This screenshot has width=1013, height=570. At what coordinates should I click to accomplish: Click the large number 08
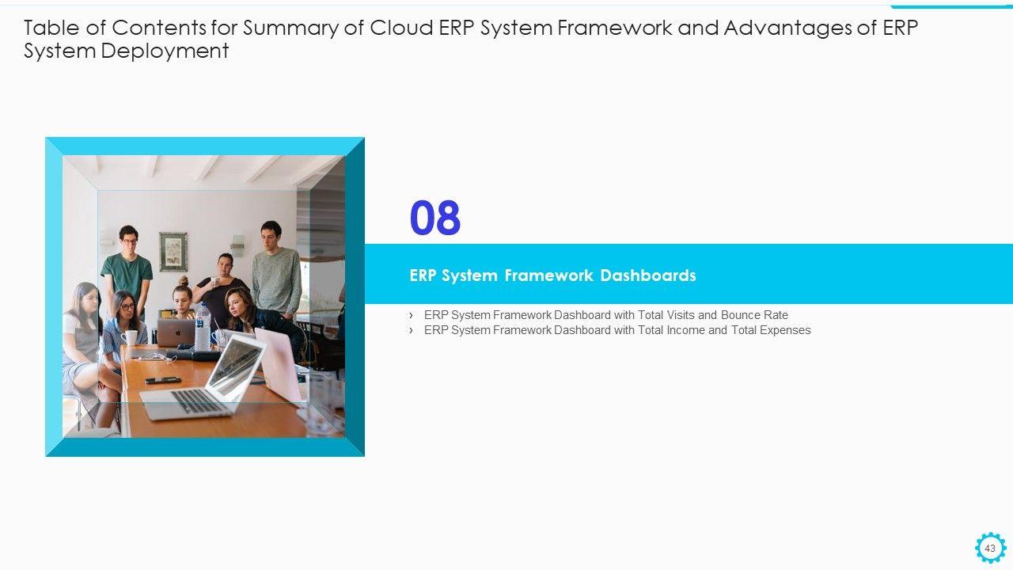pyautogui.click(x=435, y=218)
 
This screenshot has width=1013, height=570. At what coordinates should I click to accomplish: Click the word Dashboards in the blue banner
pyautogui.click(x=648, y=275)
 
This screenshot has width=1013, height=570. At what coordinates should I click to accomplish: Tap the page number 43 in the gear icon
pyautogui.click(x=990, y=549)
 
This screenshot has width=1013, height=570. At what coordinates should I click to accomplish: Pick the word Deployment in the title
pyautogui.click(x=165, y=51)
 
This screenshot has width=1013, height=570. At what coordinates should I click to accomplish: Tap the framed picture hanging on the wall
pyautogui.click(x=173, y=252)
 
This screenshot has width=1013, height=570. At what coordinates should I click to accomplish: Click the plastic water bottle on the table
pyautogui.click(x=203, y=327)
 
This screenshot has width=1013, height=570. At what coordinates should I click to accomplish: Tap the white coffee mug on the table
pyautogui.click(x=130, y=337)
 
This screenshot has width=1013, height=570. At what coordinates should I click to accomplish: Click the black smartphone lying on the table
pyautogui.click(x=163, y=380)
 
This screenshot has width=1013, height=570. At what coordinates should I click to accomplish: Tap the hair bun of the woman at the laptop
pyautogui.click(x=183, y=280)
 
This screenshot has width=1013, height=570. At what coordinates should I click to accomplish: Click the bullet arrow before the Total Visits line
pyautogui.click(x=411, y=315)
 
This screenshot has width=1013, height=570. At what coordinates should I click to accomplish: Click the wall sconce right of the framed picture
pyautogui.click(x=237, y=245)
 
